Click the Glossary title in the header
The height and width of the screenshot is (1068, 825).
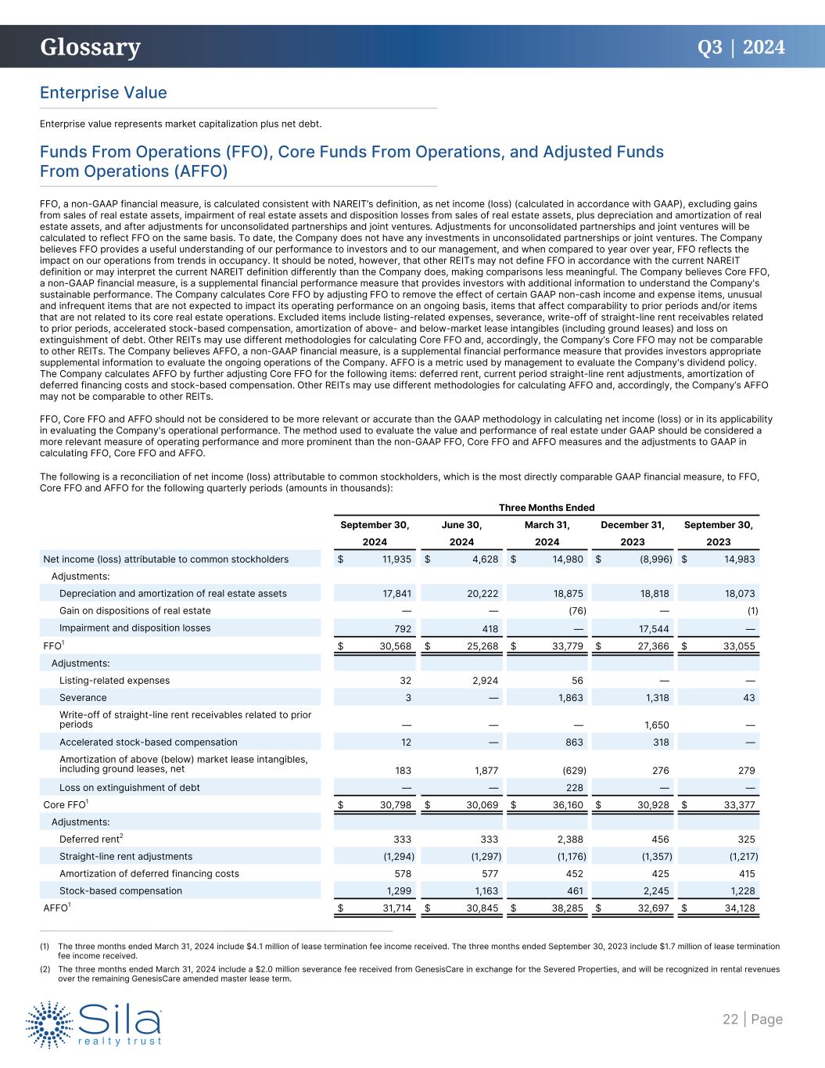pos(91,48)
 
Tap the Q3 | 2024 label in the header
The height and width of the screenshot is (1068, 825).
pos(741,48)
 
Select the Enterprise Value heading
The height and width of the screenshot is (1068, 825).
pos(103,92)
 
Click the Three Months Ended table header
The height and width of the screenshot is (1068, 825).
pos(547,508)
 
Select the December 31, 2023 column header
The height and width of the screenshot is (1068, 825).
pos(633,533)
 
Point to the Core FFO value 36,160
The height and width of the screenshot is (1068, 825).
pos(565,805)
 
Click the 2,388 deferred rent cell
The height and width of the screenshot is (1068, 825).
pos(569,840)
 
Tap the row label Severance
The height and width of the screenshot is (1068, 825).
pos(83,697)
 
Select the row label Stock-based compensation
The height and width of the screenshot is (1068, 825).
pos(120,890)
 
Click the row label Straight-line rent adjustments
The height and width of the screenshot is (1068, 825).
pos(126,856)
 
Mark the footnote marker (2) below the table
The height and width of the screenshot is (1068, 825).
pos(45,969)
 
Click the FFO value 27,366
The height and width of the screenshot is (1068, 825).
pos(651,645)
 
